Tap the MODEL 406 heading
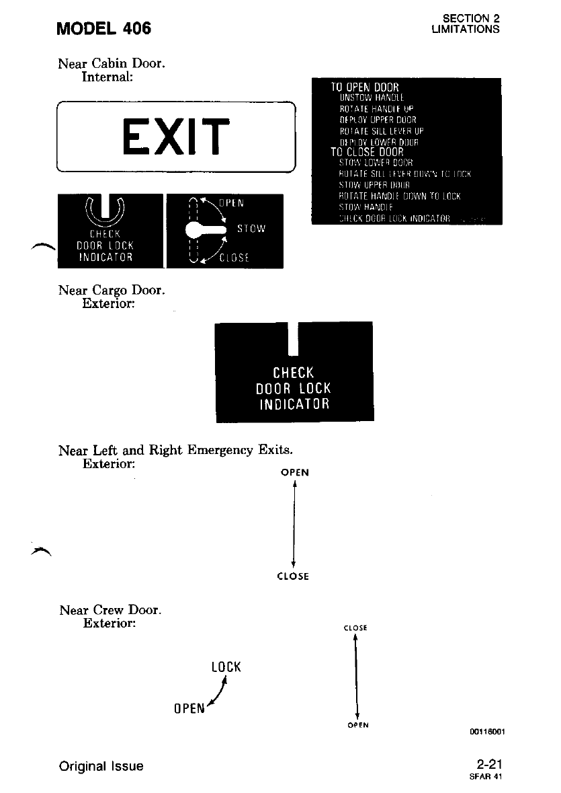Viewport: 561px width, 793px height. pyautogui.click(x=104, y=28)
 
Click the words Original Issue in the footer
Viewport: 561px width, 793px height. pyautogui.click(x=101, y=766)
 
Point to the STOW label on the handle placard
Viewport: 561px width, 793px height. pyautogui.click(x=252, y=229)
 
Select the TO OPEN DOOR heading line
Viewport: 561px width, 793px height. pyautogui.click(x=365, y=87)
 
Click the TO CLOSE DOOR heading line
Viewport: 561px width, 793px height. pyautogui.click(x=367, y=152)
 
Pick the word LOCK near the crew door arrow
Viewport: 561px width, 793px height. pyautogui.click(x=226, y=667)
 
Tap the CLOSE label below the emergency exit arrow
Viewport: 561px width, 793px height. pyautogui.click(x=294, y=576)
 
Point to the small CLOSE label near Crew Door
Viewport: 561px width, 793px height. pyautogui.click(x=355, y=628)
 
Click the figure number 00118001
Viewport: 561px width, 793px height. pyautogui.click(x=488, y=734)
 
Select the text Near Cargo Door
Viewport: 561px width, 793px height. pyautogui.click(x=112, y=291)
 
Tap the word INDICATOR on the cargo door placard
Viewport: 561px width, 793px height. pyautogui.click(x=294, y=404)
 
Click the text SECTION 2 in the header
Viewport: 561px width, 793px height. pyautogui.click(x=471, y=19)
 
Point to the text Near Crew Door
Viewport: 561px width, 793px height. pyautogui.click(x=110, y=611)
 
